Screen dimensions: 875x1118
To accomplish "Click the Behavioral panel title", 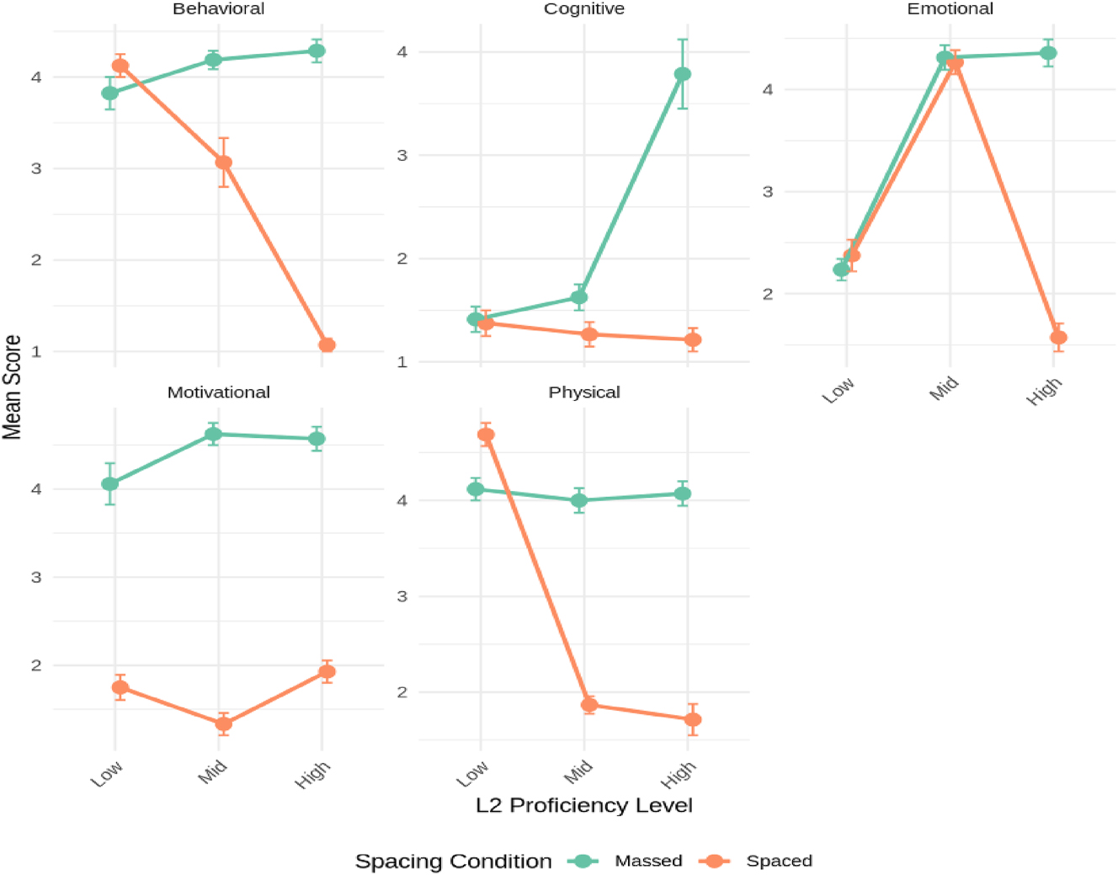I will click(218, 9).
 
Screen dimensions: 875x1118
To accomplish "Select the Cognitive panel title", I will click(583, 9).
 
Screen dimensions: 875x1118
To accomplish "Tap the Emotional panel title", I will click(950, 9).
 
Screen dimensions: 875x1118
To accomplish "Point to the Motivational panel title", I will click(218, 392).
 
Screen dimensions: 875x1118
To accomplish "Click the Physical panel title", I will click(583, 392).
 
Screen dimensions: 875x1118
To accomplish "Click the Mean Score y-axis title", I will click(12, 387).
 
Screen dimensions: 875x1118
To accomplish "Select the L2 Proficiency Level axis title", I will click(583, 806).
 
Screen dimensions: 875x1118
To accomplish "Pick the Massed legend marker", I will click(583, 861).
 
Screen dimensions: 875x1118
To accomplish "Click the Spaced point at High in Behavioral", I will click(327, 344).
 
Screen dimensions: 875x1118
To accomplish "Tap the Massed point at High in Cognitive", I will click(683, 74).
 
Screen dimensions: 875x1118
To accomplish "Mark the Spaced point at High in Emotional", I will click(1058, 338).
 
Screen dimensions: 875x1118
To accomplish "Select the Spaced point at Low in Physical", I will click(486, 435).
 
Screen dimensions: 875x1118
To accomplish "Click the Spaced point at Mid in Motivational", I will click(223, 723).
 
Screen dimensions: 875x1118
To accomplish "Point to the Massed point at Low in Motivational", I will click(110, 483).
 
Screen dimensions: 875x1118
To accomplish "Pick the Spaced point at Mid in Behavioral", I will click(223, 163).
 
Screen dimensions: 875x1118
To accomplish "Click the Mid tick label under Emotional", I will click(945, 389).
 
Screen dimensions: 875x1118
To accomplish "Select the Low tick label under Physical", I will click(472, 773).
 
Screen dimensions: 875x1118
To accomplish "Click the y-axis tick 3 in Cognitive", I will click(402, 156).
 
